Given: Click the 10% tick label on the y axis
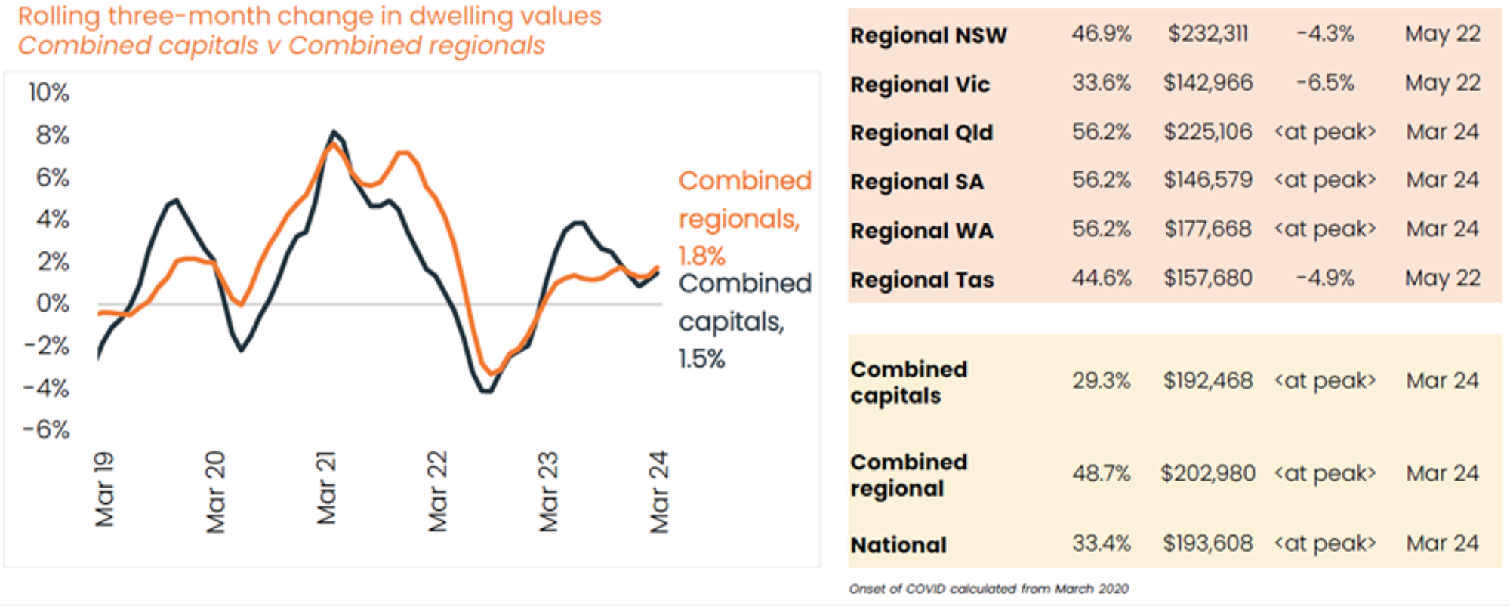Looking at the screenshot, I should click(x=49, y=93).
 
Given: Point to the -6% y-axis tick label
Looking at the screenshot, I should click(x=47, y=430).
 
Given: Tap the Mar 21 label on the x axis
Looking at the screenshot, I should click(x=326, y=488).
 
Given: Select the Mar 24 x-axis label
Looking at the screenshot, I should click(x=659, y=492).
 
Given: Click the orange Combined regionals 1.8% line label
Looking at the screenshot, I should click(x=744, y=218).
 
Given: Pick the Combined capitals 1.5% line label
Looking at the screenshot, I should click(x=744, y=321).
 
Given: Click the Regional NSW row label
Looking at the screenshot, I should click(x=929, y=35).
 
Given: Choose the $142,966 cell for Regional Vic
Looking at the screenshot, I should click(x=1208, y=82).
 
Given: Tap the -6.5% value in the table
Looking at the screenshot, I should click(x=1325, y=82).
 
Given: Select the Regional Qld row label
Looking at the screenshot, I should click(x=922, y=132).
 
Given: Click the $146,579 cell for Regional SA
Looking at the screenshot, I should click(x=1208, y=180).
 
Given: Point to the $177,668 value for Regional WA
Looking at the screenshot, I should click(x=1208, y=229).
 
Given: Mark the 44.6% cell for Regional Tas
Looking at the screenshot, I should click(x=1102, y=278).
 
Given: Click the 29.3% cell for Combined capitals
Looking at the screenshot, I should click(x=1102, y=381).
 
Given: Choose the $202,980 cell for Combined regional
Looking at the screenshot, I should click(x=1208, y=474).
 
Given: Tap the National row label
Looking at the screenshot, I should click(x=898, y=545).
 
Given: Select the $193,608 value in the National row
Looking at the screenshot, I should click(x=1208, y=543).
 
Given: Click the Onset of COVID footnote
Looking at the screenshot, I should click(x=989, y=589).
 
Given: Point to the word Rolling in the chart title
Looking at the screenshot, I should click(x=60, y=17).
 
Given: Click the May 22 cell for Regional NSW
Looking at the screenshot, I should click(x=1442, y=34).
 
